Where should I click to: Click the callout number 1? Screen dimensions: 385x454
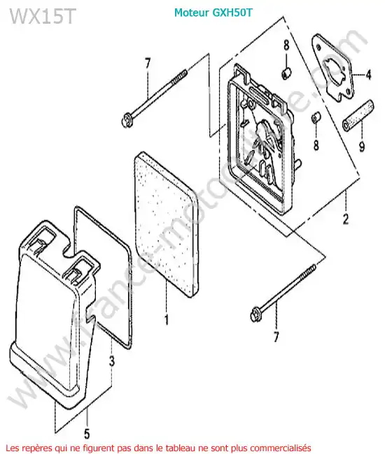pos(167,320)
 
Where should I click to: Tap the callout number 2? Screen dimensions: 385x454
pos(346,219)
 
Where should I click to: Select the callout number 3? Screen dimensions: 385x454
pos(112,361)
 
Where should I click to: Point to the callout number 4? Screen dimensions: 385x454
pos(368,75)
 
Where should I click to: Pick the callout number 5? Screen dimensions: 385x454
pos(87,434)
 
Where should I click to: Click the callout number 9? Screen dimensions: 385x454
pos(362,147)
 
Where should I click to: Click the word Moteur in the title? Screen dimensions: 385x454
pos(192,13)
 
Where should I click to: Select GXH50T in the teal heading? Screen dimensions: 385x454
pos(232,13)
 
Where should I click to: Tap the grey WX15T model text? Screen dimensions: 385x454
pos(43,16)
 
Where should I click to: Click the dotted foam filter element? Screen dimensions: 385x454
pos(166,223)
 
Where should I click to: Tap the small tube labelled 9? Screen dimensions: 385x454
pos(358,115)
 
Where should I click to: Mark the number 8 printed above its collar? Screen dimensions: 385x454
pos(286,45)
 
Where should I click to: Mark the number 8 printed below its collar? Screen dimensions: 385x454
pos(316,145)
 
